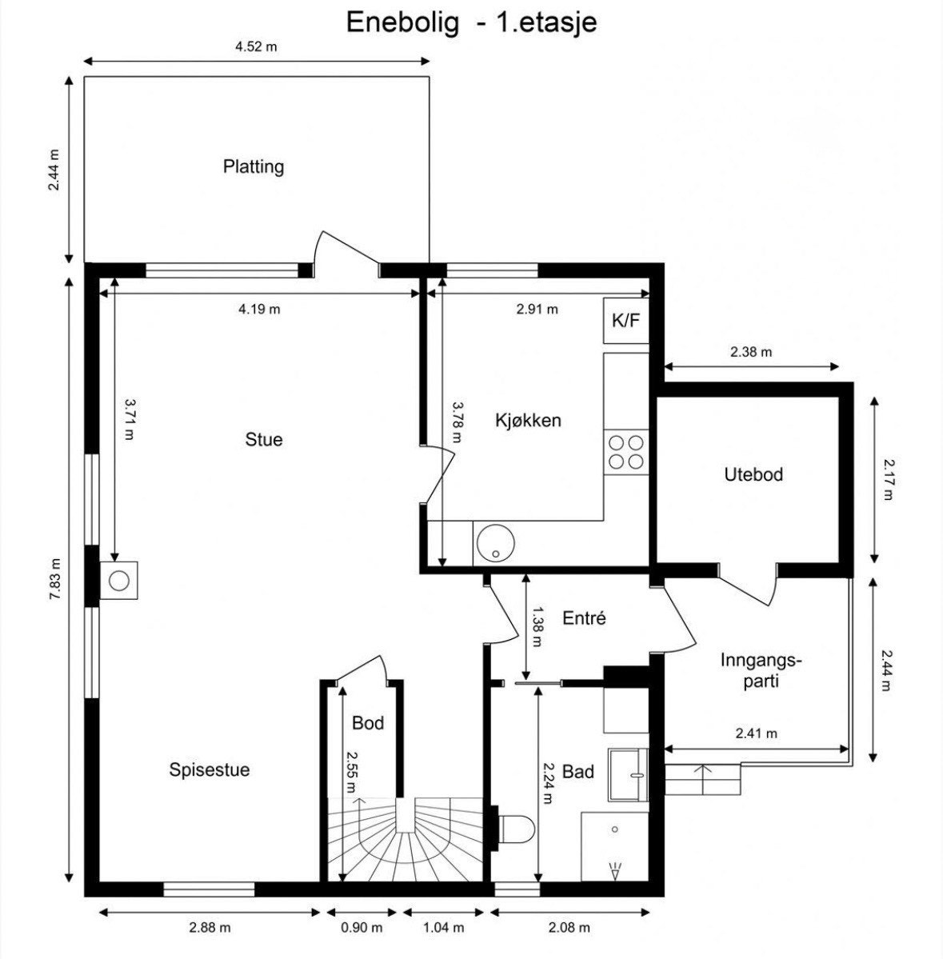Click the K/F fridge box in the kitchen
point(625,321)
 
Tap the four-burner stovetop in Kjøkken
point(626,452)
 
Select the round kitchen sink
point(495,543)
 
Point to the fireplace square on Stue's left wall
point(118,580)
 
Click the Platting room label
point(254,166)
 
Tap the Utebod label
point(753,474)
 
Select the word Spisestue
point(209,769)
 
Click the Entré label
point(584,617)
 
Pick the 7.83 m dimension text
point(55,578)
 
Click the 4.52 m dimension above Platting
point(256,46)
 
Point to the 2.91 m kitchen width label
point(537,309)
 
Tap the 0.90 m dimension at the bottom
point(362,928)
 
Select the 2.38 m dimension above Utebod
point(751,352)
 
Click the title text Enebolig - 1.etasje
point(472,22)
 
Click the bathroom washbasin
point(628,773)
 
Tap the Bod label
point(368,723)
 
